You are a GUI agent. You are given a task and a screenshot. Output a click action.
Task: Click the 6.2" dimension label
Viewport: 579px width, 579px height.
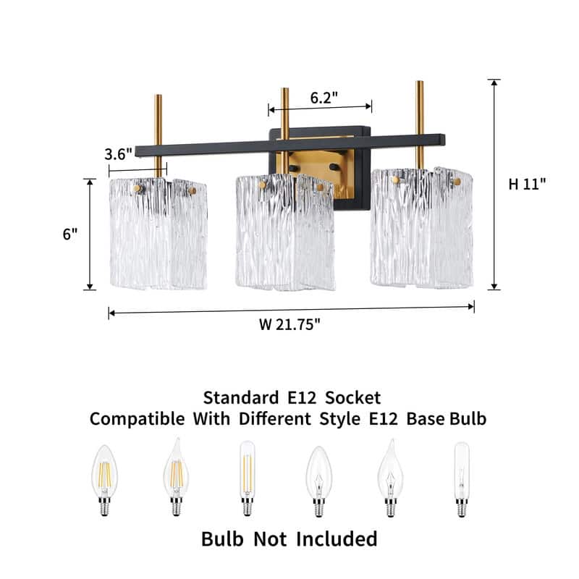[324, 98]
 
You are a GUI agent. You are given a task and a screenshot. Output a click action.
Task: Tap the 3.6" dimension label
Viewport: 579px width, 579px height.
[118, 154]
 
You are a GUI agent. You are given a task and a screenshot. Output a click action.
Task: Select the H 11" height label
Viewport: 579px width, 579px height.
[527, 184]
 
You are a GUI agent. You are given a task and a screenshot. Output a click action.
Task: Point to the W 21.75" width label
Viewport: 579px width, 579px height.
[289, 324]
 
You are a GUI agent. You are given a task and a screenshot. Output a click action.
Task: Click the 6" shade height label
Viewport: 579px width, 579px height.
[70, 234]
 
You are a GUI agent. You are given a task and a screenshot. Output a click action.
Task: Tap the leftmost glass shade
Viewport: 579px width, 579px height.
[159, 233]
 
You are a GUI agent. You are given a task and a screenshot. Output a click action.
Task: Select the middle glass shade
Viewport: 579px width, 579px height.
[285, 232]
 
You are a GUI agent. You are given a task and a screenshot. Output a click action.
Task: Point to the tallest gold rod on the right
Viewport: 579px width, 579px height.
[420, 124]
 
